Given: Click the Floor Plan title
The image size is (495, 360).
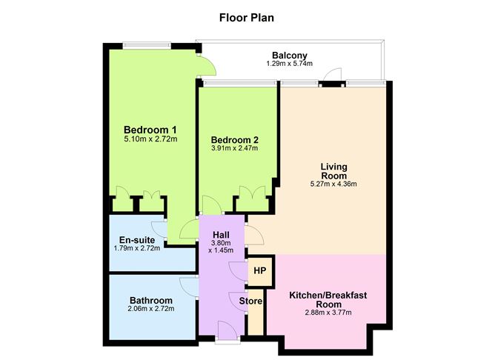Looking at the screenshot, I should point(247,17).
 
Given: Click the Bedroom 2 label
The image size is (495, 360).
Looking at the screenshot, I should point(234,139).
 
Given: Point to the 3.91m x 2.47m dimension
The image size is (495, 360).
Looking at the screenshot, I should point(234,149).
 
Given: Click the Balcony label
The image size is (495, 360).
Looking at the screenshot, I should point(289,56).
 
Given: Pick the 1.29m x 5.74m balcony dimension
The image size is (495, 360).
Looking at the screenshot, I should point(289,64).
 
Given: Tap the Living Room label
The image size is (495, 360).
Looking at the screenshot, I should point(334,170).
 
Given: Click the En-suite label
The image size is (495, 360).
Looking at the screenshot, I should point(139,239).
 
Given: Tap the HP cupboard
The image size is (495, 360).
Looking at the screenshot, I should point(259,270).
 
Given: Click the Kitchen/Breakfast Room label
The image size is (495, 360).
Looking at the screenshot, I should point(328,299).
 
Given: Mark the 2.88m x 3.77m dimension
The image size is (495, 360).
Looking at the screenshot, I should point(328,314).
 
